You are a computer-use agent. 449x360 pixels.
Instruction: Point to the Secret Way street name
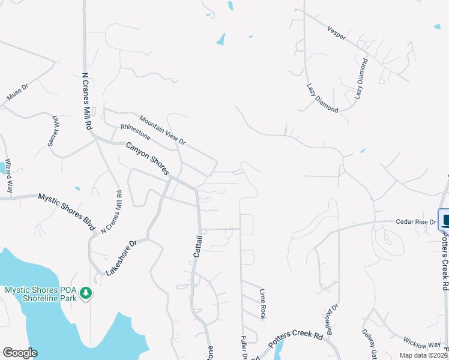55,130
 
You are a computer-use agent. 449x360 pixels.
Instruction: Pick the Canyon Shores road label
147,159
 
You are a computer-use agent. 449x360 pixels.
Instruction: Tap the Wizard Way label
9,175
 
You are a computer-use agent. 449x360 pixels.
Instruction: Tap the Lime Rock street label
262,304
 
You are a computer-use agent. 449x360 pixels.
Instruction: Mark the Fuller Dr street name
244,347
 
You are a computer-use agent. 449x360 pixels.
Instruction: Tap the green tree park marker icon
87,293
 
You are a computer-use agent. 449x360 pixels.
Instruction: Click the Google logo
20,353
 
